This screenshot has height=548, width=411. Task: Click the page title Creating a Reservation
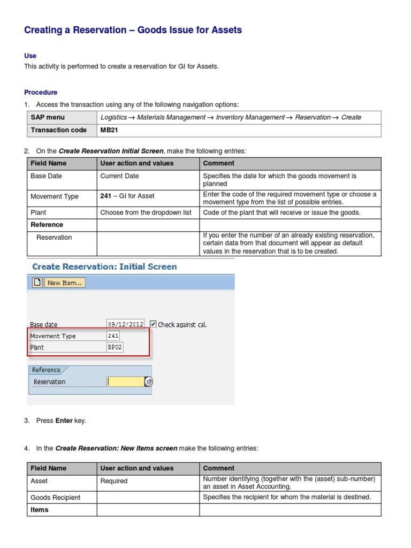[x=133, y=31]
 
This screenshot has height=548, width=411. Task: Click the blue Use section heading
[x=30, y=56]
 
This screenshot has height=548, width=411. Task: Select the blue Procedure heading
[x=41, y=92]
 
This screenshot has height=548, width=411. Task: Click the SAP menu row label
[x=48, y=117]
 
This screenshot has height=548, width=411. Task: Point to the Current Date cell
[x=119, y=176]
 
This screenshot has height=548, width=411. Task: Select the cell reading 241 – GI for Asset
[x=127, y=196]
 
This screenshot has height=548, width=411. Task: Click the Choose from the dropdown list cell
[x=146, y=212]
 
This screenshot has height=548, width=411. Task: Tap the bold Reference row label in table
[x=47, y=225]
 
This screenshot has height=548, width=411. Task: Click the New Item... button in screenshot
[x=64, y=283]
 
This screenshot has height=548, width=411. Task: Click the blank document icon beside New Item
[x=37, y=283]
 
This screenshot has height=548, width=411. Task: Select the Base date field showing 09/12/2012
[x=126, y=324]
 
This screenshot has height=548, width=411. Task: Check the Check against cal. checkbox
[x=153, y=324]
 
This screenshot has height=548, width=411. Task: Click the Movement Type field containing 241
[x=113, y=336]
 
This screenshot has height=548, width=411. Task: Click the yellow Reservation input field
[x=125, y=382]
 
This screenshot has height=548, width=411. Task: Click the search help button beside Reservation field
[x=149, y=382]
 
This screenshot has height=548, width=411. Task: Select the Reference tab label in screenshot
[x=46, y=370]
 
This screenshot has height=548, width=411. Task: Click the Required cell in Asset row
[x=114, y=481]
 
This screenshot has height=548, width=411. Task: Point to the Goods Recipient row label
[x=56, y=498]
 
